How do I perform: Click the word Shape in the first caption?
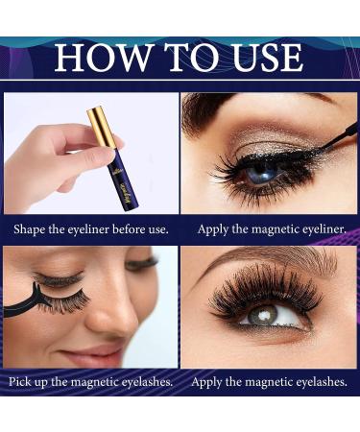34,229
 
